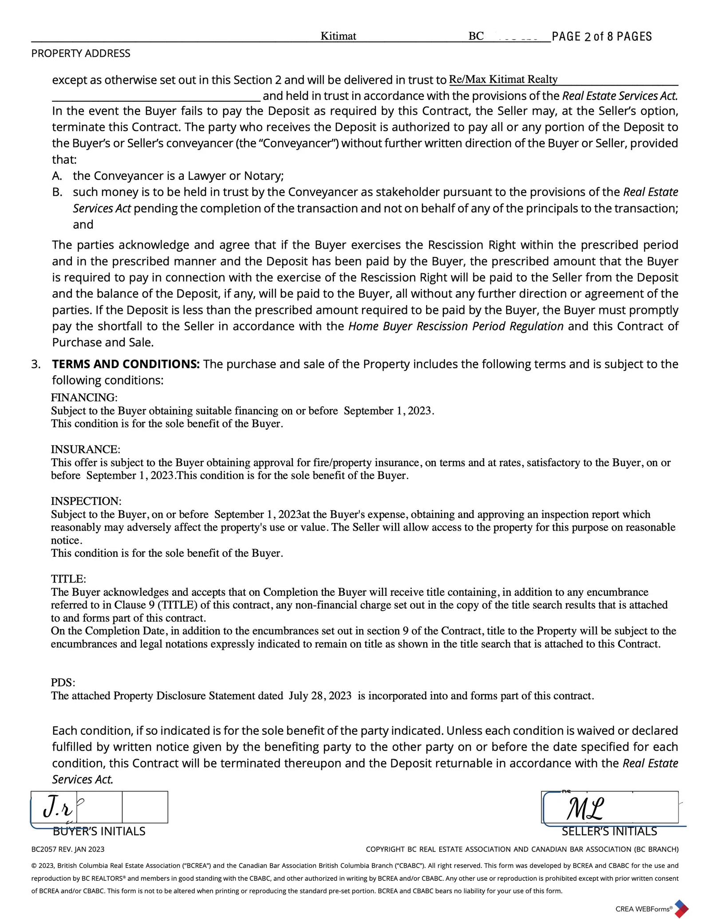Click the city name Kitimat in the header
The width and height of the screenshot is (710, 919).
pyautogui.click(x=338, y=36)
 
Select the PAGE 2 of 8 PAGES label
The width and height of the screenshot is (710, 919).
pyautogui.click(x=602, y=36)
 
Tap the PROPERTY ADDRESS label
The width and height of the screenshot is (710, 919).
pyautogui.click(x=81, y=54)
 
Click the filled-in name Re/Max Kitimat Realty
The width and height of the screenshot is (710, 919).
pyautogui.click(x=503, y=79)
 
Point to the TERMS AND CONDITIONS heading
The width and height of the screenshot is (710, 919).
pyautogui.click(x=126, y=364)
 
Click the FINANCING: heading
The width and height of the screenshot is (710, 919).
pyautogui.click(x=84, y=397)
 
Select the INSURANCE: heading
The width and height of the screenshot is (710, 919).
pyautogui.click(x=86, y=449)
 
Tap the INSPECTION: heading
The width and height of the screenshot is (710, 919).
pyautogui.click(x=86, y=501)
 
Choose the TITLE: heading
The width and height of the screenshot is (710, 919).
pyautogui.click(x=68, y=579)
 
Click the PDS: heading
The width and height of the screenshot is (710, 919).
pyautogui.click(x=63, y=682)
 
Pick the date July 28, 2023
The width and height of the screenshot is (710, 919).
pyautogui.click(x=320, y=696)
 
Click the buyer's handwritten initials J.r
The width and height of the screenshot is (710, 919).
pyautogui.click(x=58, y=808)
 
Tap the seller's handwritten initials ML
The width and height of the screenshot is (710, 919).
pyautogui.click(x=585, y=809)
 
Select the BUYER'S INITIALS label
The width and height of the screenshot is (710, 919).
pyautogui.click(x=99, y=831)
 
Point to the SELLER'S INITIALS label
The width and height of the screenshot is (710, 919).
pyautogui.click(x=609, y=831)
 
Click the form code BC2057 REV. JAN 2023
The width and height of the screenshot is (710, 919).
pyautogui.click(x=68, y=849)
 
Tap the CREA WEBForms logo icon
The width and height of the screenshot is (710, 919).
pyautogui.click(x=681, y=908)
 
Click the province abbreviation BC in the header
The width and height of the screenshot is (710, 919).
pyautogui.click(x=476, y=36)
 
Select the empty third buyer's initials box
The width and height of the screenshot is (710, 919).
pyautogui.click(x=145, y=807)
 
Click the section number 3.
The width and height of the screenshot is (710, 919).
pyautogui.click(x=36, y=364)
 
